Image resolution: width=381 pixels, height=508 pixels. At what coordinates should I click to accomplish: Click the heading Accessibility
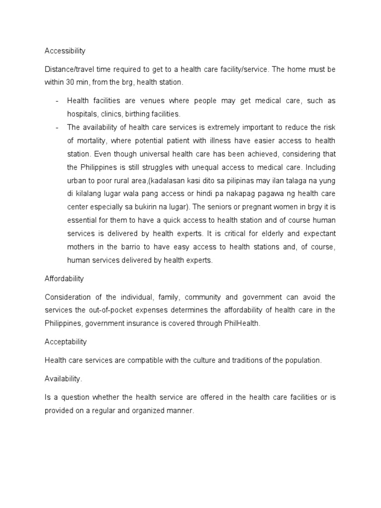(65, 51)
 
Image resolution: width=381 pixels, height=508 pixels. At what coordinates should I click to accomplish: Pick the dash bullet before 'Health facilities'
(58, 101)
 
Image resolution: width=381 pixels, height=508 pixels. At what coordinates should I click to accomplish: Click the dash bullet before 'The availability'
(58, 127)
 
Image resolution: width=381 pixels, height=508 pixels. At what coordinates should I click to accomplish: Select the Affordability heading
(64, 279)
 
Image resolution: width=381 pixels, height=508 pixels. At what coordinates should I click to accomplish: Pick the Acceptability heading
(65, 342)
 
